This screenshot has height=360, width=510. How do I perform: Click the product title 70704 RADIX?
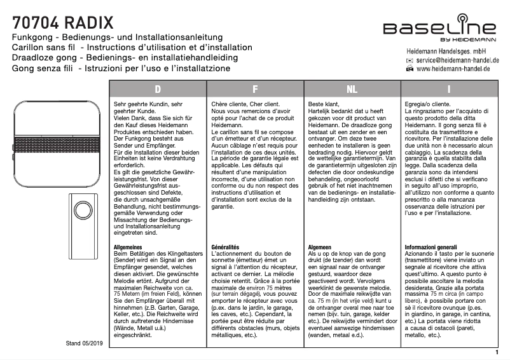point(63,24)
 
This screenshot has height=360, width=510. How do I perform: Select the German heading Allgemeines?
point(127,246)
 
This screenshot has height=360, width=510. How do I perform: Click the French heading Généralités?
point(224,246)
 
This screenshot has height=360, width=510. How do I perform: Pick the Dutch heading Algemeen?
point(319,246)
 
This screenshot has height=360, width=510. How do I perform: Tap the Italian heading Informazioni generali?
point(431,246)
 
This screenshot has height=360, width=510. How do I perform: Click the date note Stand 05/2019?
point(85,343)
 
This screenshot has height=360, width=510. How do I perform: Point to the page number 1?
point(496,350)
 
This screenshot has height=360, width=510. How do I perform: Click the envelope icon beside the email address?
point(410,59)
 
